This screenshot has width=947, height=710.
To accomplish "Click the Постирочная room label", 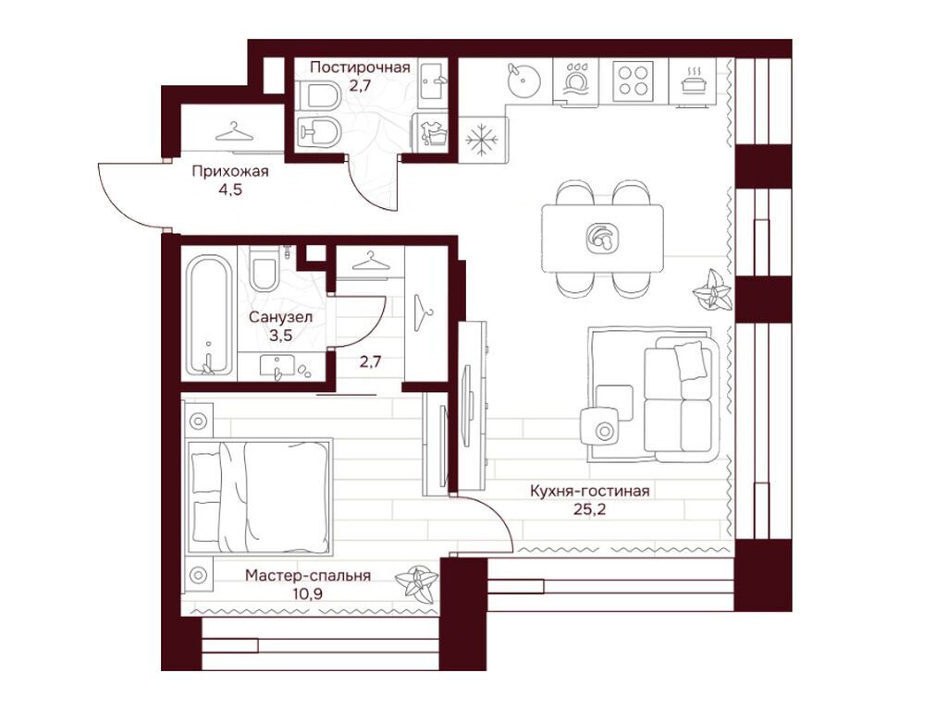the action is (x=360, y=67).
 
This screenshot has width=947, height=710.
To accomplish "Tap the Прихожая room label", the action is (x=230, y=172).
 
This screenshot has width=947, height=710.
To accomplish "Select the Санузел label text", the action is (x=280, y=317).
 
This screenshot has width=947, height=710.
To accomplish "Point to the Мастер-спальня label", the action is (x=307, y=575).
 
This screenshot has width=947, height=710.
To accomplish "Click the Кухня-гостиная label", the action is (x=589, y=491).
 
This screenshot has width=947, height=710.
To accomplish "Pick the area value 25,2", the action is (x=589, y=509).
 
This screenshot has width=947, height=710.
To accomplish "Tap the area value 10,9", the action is (x=307, y=594).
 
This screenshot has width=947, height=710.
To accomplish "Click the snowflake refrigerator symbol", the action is (x=483, y=141).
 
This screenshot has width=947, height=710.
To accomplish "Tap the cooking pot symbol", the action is (x=692, y=80).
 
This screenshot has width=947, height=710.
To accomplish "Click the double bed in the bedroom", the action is (x=259, y=496).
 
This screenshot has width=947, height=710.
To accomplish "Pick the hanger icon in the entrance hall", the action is (x=234, y=131).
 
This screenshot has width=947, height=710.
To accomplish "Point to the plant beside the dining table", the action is (x=713, y=291).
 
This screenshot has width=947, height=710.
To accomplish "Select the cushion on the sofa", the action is (x=690, y=361).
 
